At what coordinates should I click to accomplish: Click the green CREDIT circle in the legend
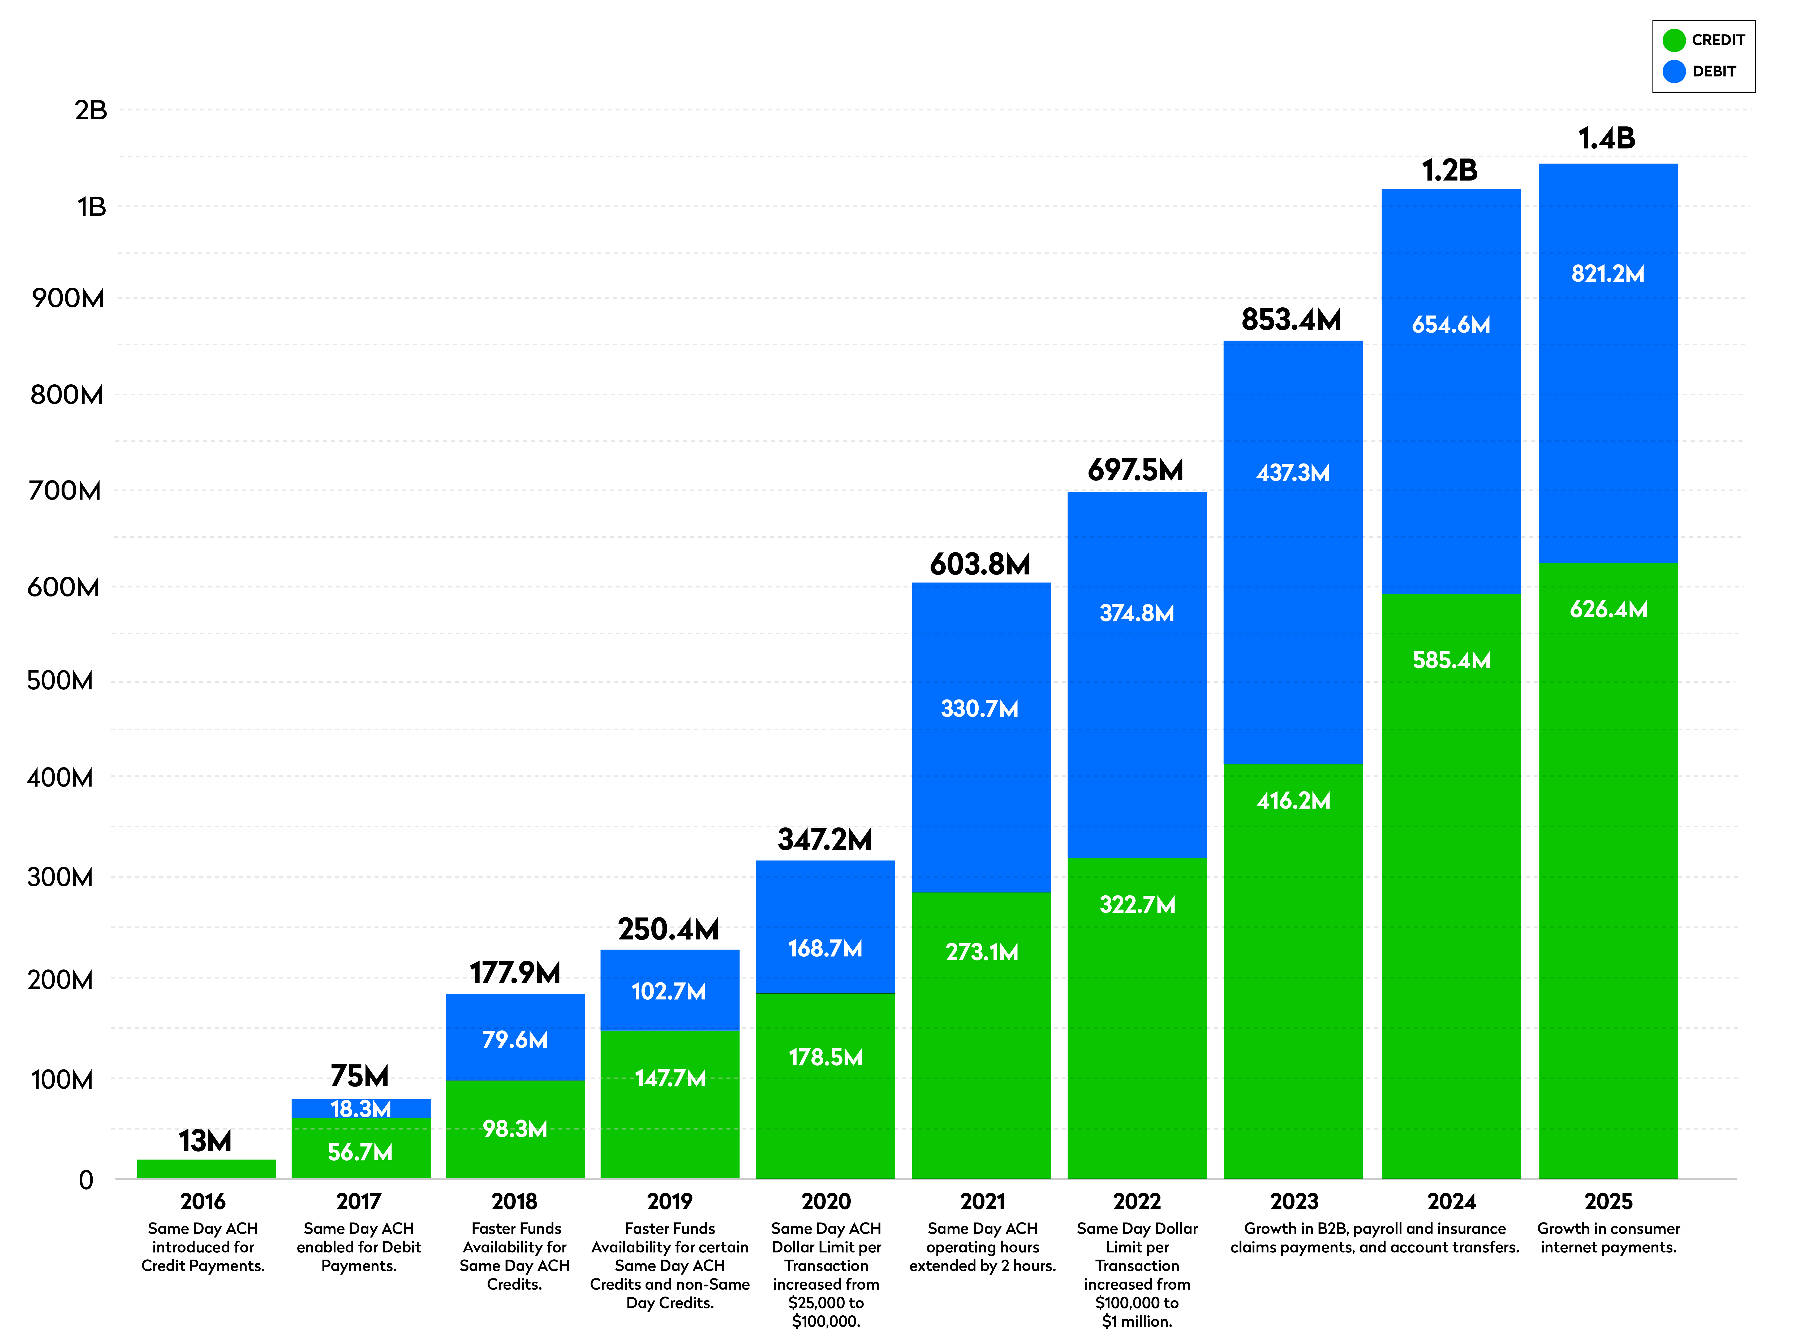click(x=1674, y=40)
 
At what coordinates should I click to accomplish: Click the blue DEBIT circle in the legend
click(x=1674, y=71)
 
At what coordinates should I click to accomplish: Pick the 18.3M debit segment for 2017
click(x=360, y=1109)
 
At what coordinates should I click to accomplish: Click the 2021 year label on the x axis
click(x=982, y=1202)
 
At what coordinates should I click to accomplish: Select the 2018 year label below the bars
click(x=515, y=1202)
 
